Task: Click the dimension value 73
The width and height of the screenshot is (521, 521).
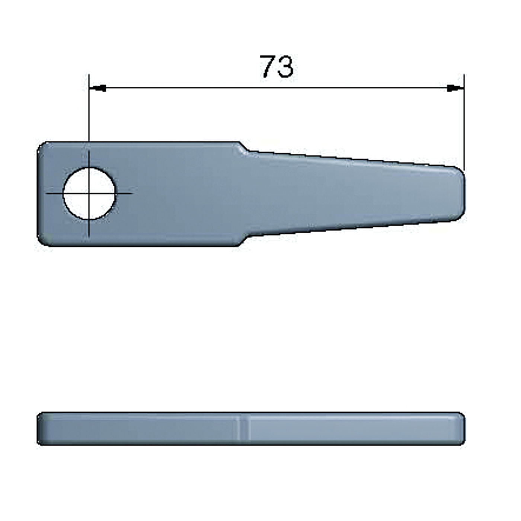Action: pos(277,67)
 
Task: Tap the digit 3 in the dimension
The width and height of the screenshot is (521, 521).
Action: pos(285,67)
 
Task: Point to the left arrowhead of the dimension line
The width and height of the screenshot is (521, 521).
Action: pos(98,88)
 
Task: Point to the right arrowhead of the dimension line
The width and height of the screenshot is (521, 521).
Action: pos(455,88)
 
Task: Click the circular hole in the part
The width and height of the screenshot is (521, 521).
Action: pos(89,194)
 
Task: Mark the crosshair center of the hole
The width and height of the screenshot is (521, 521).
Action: pos(89,194)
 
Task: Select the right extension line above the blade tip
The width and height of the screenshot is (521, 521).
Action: pos(464,122)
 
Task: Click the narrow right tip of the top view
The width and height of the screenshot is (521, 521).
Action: pos(463,193)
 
